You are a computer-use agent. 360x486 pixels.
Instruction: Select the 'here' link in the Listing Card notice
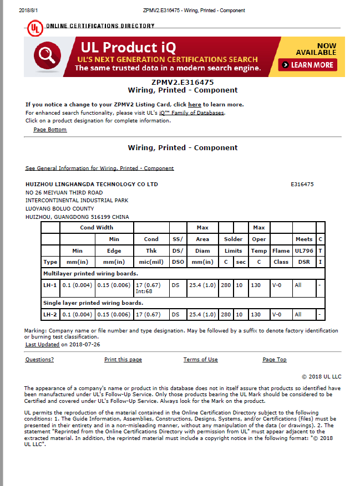click(x=194, y=104)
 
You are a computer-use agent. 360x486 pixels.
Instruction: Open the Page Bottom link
click(x=50, y=130)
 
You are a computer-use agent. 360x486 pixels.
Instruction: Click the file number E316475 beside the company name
click(x=302, y=184)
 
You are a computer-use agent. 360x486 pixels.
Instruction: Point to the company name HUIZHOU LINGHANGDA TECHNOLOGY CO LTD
click(x=92, y=184)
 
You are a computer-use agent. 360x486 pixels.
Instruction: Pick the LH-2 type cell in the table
click(x=50, y=314)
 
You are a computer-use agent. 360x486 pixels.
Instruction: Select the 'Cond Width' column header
click(x=97, y=227)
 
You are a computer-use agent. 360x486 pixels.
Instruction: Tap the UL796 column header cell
click(x=303, y=250)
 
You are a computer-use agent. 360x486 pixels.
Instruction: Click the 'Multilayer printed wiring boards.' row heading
click(x=90, y=273)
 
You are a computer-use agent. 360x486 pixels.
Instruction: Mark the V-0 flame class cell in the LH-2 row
click(x=277, y=314)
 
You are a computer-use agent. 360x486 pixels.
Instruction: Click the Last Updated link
click(x=42, y=344)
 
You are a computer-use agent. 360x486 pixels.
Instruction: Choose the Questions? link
click(x=39, y=360)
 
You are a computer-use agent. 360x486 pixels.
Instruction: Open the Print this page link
click(x=123, y=360)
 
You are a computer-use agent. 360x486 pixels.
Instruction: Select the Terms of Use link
click(x=200, y=360)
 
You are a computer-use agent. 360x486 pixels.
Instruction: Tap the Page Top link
click(x=274, y=360)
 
